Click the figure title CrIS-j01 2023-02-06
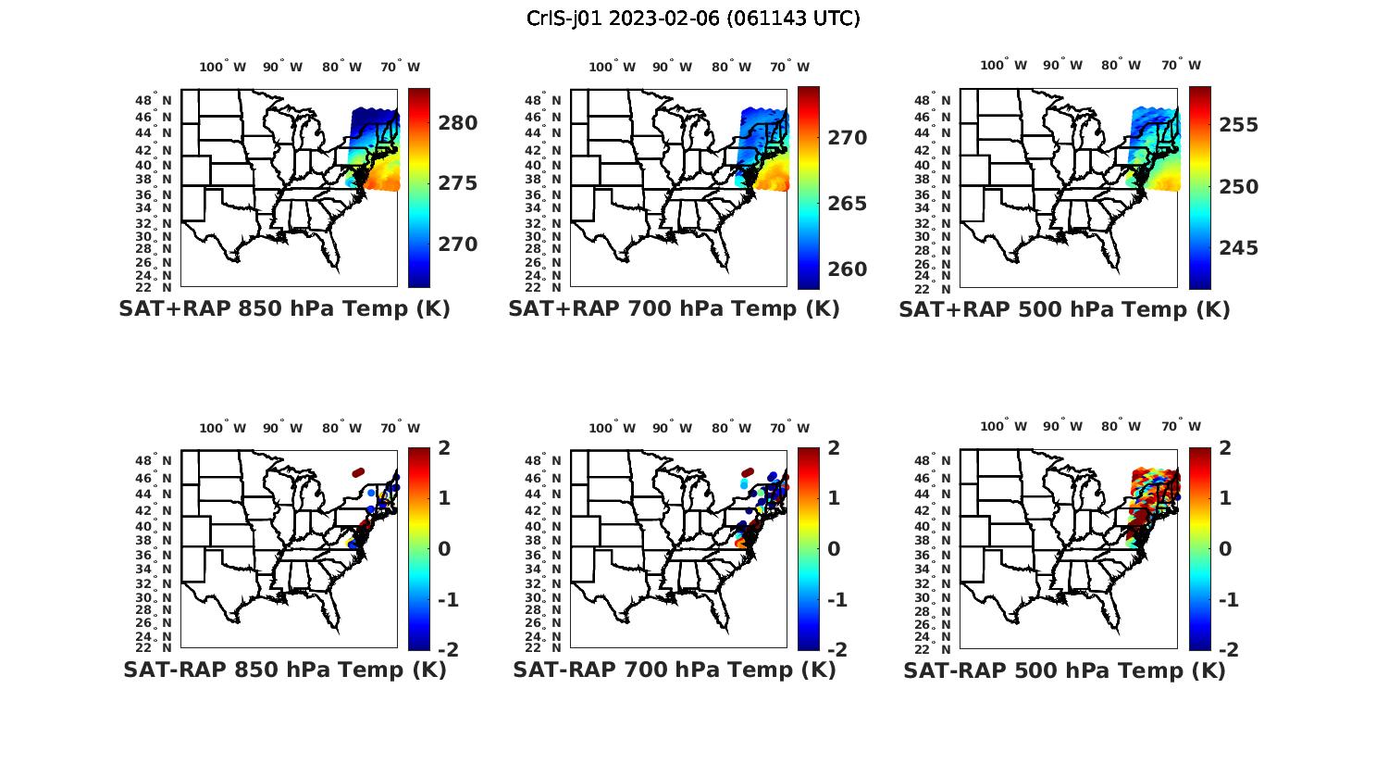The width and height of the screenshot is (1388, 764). pos(693,19)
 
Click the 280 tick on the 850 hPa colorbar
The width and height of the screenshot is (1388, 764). pos(458,123)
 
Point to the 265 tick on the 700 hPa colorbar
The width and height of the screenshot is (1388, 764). pos(847,204)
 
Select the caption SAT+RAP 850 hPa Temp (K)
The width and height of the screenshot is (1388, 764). pos(284,309)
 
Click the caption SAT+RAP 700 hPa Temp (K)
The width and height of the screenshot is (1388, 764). pos(674,309)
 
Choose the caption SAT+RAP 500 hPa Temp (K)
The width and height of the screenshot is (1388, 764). pos(1064,309)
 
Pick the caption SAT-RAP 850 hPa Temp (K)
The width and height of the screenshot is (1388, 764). pos(284,670)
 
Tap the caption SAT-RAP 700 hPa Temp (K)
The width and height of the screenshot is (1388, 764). pos(674,670)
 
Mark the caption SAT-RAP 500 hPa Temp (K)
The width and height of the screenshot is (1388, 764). pos(1064,670)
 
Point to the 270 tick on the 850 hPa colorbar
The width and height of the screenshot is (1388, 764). pos(458,244)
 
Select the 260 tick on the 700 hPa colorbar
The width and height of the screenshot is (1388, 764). pos(847,269)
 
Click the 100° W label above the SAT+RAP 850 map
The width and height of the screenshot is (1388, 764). pos(223,67)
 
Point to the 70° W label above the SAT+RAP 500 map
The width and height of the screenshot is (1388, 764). pos(1182,66)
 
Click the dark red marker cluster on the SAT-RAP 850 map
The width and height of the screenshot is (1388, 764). pos(358,472)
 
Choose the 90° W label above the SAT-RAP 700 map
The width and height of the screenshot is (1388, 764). pos(672,428)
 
